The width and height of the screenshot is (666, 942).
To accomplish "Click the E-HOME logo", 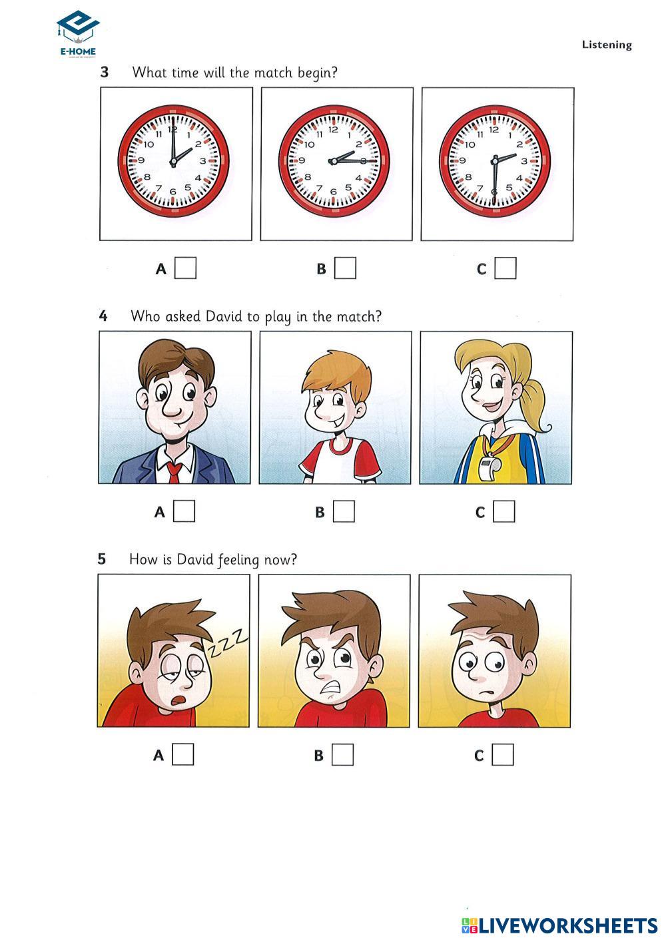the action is click(78, 34).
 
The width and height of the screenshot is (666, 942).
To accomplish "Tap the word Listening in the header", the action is click(607, 45).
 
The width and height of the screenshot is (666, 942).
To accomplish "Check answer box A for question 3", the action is click(185, 268).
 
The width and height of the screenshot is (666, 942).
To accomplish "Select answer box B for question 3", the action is click(345, 268).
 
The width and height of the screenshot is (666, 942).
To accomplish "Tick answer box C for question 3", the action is click(505, 268).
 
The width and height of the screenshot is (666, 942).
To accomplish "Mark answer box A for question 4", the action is click(184, 511).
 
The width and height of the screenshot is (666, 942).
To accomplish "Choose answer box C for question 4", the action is click(504, 511).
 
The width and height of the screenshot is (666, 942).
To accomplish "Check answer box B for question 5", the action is click(342, 754).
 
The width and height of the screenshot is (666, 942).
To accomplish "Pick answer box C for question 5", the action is click(503, 754).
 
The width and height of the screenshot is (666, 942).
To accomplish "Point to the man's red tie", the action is click(174, 472).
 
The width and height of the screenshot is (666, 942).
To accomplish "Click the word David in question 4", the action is click(224, 316).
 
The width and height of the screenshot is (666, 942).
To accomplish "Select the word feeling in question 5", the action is click(238, 560).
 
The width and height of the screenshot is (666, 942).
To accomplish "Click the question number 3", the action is click(105, 72).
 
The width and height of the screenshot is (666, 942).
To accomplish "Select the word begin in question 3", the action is click(317, 73).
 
